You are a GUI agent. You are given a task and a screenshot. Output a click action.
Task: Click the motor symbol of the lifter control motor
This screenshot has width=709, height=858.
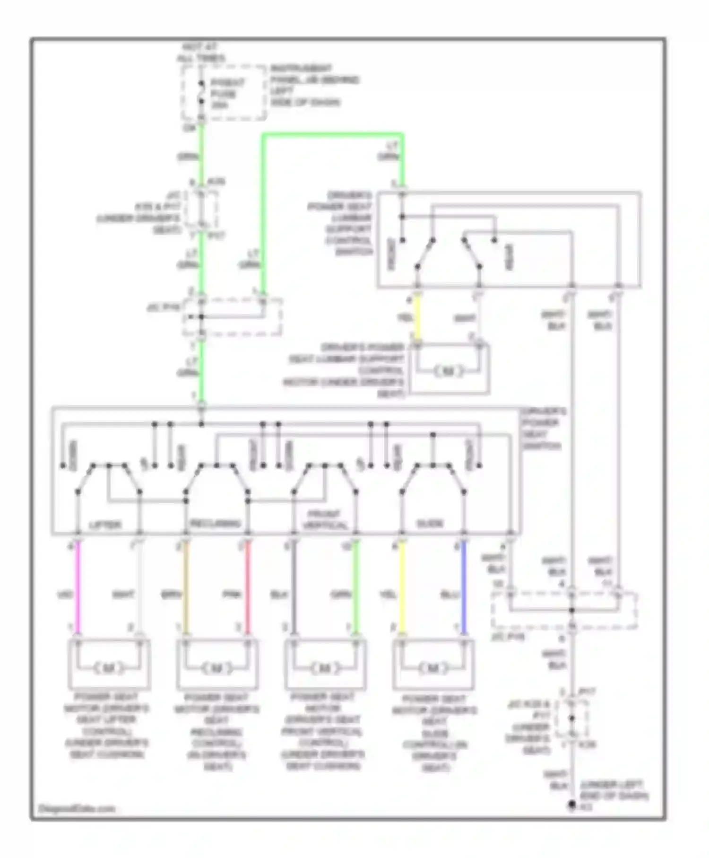(109, 668)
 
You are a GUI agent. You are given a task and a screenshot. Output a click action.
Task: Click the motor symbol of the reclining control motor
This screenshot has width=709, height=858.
(217, 668)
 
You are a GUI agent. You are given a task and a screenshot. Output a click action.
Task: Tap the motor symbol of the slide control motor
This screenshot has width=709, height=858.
(432, 668)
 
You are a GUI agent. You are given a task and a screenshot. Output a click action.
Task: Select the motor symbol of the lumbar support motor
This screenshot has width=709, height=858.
(448, 371)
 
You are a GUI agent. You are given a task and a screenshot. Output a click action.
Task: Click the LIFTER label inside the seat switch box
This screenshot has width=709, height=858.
(105, 525)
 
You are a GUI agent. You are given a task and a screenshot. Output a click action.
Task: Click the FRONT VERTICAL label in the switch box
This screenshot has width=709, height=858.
(324, 519)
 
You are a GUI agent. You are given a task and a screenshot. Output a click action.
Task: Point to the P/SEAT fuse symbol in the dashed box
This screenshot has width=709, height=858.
(201, 93)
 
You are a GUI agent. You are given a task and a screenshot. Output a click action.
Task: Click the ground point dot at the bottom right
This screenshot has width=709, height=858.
(572, 805)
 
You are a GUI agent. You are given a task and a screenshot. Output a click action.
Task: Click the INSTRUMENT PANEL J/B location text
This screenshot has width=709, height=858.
(314, 85)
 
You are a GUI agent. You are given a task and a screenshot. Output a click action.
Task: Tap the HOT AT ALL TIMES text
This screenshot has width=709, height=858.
(200, 53)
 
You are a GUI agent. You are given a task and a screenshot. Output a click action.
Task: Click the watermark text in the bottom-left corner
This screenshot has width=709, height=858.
(76, 808)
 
